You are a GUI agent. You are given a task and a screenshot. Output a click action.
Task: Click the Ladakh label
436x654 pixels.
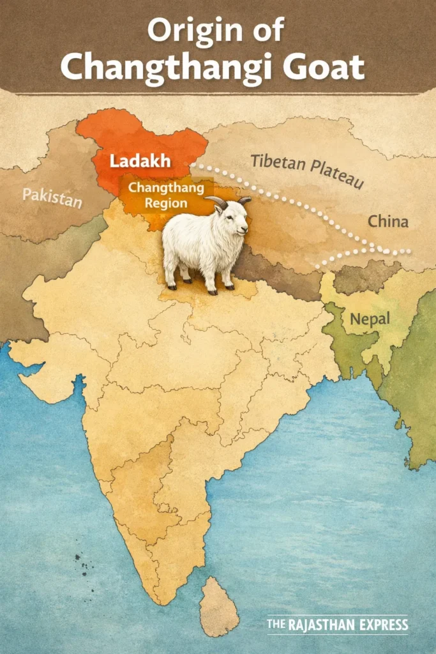[140, 161]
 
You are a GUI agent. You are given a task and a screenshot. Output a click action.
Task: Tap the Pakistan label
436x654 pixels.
[52, 198]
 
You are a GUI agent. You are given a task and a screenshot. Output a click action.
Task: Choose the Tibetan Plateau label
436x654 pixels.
[307, 171]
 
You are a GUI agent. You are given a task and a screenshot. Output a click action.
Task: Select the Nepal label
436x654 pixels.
[370, 318]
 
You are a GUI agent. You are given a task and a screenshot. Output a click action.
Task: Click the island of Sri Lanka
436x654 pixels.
[218, 606]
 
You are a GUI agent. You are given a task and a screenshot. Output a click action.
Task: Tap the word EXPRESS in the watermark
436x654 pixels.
[384, 625]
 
